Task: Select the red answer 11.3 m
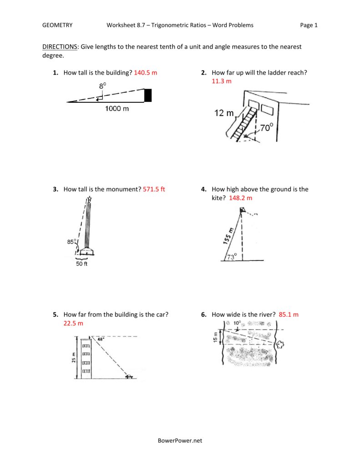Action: pos(221,81)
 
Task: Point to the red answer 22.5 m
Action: pos(73,323)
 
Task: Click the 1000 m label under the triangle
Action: pos(117,108)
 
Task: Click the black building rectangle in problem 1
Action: pos(148,96)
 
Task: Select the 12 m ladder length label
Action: pos(224,113)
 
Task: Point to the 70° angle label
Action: pos(267,128)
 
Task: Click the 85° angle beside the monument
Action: pos(71,242)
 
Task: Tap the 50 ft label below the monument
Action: pos(81,264)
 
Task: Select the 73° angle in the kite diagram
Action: pos(232,257)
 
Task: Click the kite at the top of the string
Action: pos(243,210)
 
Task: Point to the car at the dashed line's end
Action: pos(130,376)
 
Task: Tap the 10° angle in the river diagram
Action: pos(238,323)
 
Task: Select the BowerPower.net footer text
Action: pos(179,440)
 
